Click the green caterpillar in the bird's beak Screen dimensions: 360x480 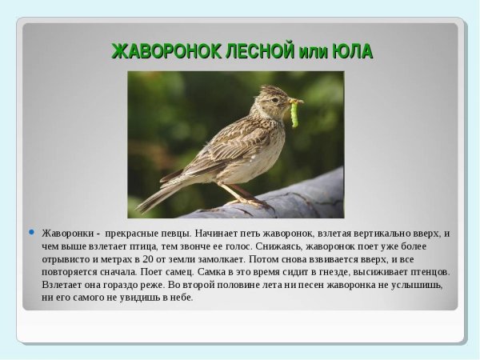[x=294, y=114]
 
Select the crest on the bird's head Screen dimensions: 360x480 [x=269, y=89]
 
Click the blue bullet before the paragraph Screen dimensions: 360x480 [x=32, y=233]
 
